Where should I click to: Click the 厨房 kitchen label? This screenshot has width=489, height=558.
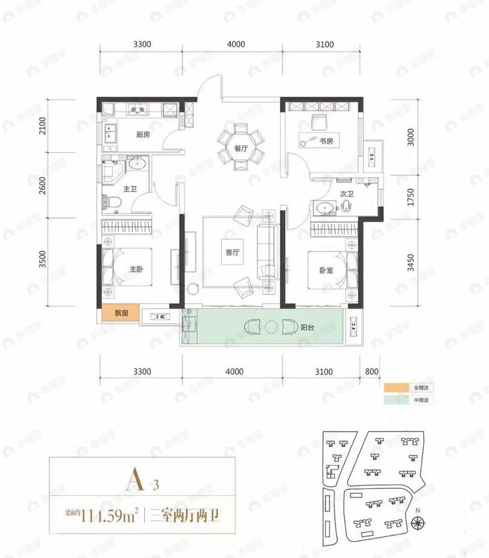(143, 135)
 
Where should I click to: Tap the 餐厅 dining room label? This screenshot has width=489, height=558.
(241, 148)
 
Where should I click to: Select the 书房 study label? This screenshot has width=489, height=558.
(326, 141)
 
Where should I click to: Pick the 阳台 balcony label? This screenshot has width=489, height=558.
(308, 328)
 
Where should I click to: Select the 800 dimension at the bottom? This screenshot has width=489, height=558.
(371, 371)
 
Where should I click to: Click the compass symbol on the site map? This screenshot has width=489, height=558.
(418, 521)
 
